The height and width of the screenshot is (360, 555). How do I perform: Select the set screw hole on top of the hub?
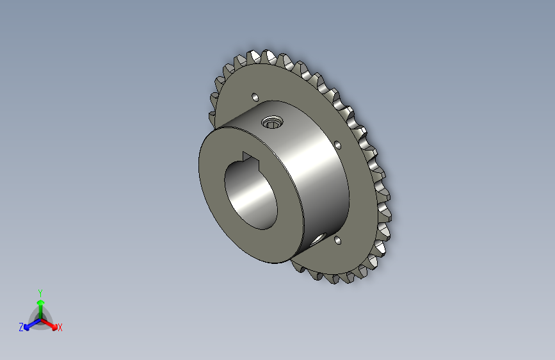tap(272, 121)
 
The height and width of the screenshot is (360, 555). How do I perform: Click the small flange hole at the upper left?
tap(254, 97)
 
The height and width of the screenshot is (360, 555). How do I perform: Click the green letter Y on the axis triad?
tap(40, 291)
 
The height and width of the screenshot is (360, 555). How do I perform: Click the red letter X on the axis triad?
tap(60, 327)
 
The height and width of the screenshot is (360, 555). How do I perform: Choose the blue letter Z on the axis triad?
tap(21, 327)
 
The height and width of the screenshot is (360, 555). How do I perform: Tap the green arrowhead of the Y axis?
tap(40, 302)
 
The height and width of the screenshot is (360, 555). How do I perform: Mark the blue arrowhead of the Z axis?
tap(28, 326)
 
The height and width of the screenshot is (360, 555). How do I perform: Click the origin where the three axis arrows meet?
tap(40, 318)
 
